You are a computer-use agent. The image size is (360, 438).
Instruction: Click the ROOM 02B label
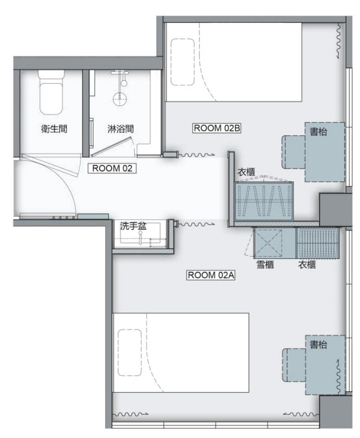[217, 128]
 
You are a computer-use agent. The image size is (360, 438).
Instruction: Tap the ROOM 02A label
[211, 275]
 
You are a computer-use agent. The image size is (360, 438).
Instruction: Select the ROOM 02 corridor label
[112, 169]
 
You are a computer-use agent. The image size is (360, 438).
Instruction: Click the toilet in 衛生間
[51, 93]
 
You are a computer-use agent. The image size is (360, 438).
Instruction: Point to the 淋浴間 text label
[120, 129]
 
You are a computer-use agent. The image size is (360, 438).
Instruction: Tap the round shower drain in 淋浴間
[120, 99]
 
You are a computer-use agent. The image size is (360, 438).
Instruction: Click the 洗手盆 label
[133, 226]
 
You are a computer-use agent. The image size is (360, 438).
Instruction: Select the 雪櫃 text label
[265, 265]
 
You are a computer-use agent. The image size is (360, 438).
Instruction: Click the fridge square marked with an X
[268, 243]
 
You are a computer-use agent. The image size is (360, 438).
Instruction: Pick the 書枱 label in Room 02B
[318, 131]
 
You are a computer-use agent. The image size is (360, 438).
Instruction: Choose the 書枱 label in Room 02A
[318, 344]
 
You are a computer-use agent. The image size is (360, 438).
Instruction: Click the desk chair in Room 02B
[294, 152]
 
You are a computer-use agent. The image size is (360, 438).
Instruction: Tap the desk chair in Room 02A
[294, 365]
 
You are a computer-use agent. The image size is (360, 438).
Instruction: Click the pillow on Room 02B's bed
[182, 62]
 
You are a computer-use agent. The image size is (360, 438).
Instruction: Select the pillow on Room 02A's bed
[130, 353]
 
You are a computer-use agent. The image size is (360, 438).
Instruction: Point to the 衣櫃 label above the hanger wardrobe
[246, 172]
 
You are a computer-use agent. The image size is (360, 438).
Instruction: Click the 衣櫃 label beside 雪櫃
[307, 265]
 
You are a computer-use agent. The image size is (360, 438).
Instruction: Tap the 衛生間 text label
[54, 129]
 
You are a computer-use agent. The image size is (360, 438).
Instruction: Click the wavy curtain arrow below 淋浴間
[196, 154]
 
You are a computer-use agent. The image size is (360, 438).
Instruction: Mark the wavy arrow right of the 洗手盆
[196, 224]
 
